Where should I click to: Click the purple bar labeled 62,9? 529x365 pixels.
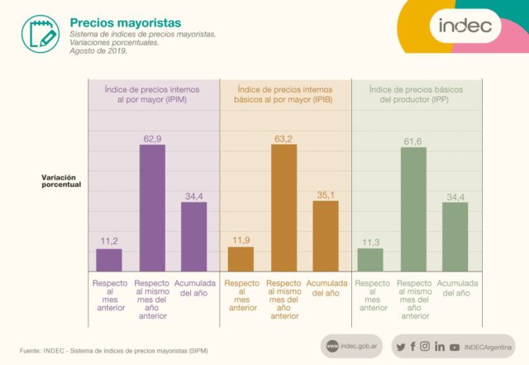152,208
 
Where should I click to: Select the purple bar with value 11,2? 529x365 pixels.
109,259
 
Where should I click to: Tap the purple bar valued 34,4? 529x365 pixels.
194,236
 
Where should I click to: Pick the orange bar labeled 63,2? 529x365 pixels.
284,207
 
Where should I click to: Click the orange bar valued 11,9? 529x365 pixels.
241,258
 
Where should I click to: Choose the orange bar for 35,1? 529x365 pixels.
326,235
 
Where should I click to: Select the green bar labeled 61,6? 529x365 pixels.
412,209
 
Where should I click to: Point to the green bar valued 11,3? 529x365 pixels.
370,259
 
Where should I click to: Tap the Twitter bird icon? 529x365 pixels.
400,346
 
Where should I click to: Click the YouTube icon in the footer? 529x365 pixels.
454,347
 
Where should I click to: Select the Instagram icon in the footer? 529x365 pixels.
425,346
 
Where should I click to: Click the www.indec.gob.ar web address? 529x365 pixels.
355,346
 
